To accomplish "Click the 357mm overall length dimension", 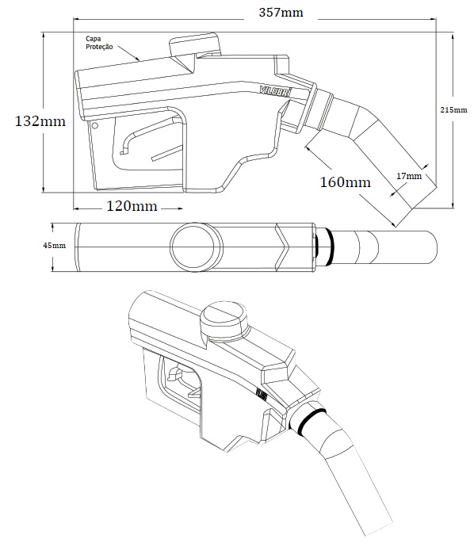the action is (x=281, y=13).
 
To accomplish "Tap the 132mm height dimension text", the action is (x=40, y=121).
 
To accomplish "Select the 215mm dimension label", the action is (x=453, y=110).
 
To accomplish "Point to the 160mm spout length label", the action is (x=345, y=182).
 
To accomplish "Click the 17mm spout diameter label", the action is (x=409, y=176).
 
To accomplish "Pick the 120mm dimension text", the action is (x=132, y=206).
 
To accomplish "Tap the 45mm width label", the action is (x=54, y=245).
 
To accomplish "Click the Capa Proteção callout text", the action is (x=99, y=42).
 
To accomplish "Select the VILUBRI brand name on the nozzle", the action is (x=275, y=90).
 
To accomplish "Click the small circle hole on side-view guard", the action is (x=94, y=125).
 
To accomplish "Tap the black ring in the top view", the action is (x=328, y=247).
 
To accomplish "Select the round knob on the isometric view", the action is (x=224, y=318).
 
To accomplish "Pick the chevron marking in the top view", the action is (x=284, y=247).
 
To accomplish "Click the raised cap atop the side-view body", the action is (x=195, y=44).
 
